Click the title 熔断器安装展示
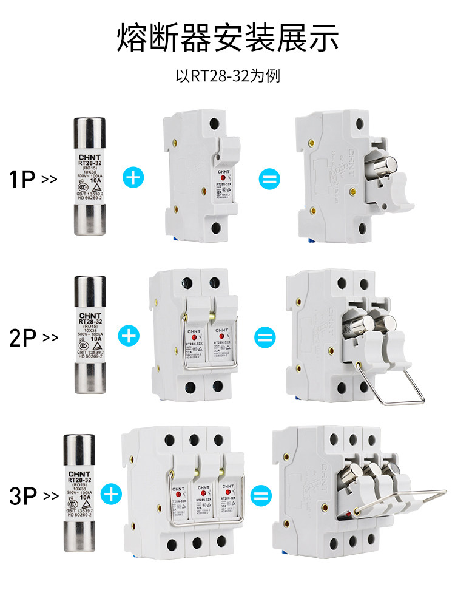point(227,38)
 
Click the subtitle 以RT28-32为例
point(227,76)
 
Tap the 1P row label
point(22,180)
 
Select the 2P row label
point(23,337)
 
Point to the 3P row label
point(23,497)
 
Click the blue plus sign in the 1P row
point(133,178)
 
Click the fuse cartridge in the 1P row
point(90,175)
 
